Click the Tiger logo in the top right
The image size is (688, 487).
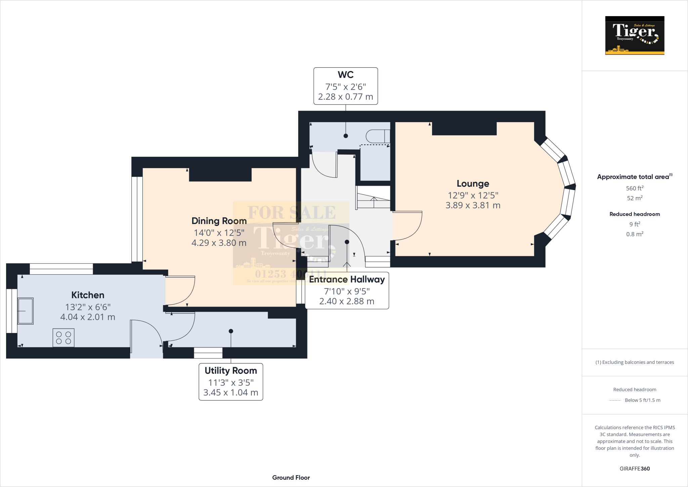(x=635, y=35)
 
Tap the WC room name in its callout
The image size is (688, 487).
(x=345, y=75)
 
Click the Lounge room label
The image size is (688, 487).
(x=473, y=184)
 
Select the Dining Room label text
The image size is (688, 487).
(x=219, y=221)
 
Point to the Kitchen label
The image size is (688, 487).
(x=88, y=295)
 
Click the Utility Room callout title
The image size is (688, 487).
(x=231, y=371)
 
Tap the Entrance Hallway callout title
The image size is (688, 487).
(x=347, y=279)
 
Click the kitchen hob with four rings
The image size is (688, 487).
(x=63, y=338)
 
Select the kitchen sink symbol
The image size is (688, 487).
(x=26, y=311)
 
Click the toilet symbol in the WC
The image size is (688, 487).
(x=377, y=136)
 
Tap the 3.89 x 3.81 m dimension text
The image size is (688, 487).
(x=473, y=205)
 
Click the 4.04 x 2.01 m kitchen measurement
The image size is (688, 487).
(x=88, y=317)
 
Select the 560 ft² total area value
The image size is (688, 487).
(x=635, y=188)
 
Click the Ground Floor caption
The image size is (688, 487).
(x=291, y=478)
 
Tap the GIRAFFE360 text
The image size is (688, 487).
(x=635, y=469)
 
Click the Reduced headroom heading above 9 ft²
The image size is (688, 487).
(x=635, y=214)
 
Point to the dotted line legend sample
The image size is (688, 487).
(x=615, y=401)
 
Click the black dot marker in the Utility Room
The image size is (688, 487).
(x=231, y=331)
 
